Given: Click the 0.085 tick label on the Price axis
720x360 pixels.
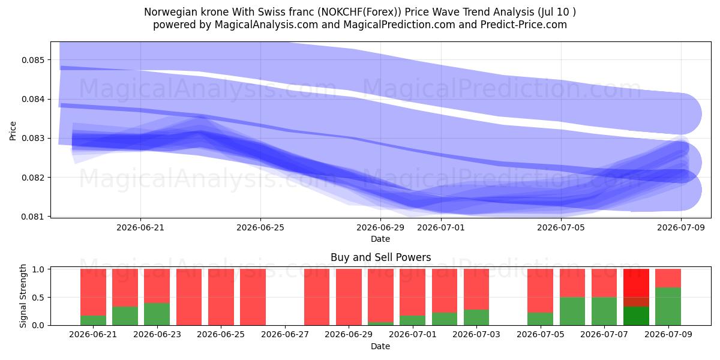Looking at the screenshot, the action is click(x=33, y=60).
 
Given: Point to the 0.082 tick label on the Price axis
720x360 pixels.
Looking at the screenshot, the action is click(x=33, y=178).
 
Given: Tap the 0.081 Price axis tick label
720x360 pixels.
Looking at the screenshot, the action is click(x=33, y=217).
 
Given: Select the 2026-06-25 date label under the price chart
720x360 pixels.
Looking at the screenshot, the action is click(x=260, y=227).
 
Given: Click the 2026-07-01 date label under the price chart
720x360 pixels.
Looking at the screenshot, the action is click(x=440, y=227).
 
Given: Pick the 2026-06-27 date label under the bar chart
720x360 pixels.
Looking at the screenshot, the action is click(x=285, y=334).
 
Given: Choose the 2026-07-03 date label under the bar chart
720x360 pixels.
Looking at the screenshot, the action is click(x=476, y=334).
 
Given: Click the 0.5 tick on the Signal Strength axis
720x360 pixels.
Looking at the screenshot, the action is click(x=38, y=298).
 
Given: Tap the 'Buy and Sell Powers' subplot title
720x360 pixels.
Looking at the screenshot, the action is click(x=380, y=257).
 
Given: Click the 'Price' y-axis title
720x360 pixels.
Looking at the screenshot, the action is click(x=13, y=131).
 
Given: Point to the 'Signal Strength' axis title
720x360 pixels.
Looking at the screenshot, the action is click(x=23, y=296).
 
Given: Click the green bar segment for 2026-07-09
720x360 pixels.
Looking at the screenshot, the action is click(x=668, y=307).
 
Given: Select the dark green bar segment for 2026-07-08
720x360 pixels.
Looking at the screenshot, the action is click(x=636, y=316).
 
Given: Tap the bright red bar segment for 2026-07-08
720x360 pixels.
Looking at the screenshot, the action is click(x=636, y=283).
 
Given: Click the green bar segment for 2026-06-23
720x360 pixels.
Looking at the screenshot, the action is click(x=157, y=314).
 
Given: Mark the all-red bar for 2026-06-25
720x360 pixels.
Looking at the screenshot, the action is click(x=221, y=297).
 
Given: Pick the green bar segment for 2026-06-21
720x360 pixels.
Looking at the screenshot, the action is click(x=93, y=320).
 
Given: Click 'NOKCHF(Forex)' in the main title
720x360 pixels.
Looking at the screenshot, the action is click(x=361, y=12).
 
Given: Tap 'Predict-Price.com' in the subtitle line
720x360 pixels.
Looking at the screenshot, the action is click(x=524, y=25).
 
